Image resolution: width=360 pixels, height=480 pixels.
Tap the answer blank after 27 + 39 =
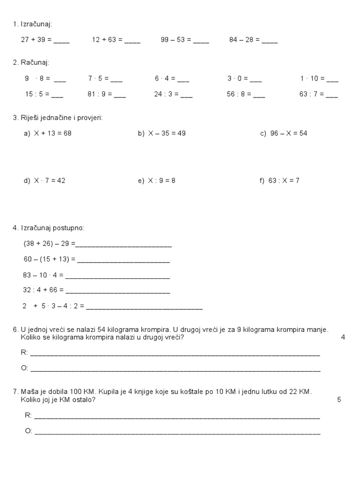61,41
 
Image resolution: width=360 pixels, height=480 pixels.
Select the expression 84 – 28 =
244,40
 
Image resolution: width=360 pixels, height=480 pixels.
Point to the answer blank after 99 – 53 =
201,41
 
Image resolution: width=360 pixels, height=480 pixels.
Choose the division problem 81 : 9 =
99,94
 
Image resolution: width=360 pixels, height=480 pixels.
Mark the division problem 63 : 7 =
311,94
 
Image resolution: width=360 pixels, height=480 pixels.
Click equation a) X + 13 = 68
47,133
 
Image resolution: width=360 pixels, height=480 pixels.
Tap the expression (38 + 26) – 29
49,244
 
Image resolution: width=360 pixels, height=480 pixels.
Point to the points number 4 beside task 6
343,337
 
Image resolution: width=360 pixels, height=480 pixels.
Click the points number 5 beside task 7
339,399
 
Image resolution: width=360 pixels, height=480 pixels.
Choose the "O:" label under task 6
25,368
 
